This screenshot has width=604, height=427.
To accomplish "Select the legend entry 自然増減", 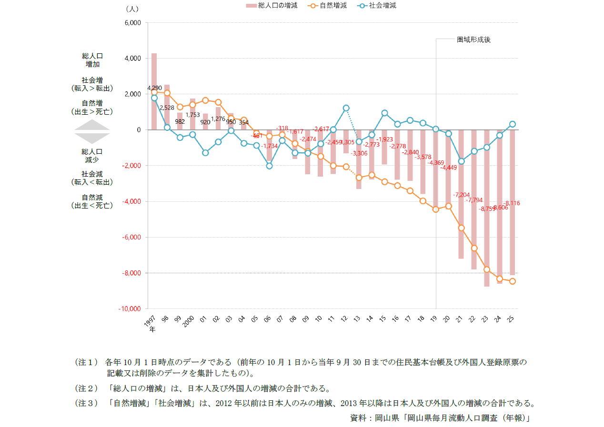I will pos(328,6).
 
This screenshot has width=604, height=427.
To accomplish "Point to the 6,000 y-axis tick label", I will pos(132,23).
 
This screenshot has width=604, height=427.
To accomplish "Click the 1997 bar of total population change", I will pos(154,91).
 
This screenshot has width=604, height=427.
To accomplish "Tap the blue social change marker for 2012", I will pos(346,108).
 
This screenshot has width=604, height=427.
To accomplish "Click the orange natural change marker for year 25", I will pos(513,281).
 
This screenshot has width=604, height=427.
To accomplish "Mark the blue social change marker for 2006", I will pos(269,166).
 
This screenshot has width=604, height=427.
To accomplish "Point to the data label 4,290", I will pos(154,88).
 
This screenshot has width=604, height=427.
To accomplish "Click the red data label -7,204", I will pos(462,195).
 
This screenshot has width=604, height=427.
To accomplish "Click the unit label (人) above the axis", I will pos(131,9).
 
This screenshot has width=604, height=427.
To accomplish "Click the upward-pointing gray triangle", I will pos(92,125).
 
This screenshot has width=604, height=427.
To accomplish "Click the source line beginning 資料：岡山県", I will pos(440,418).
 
